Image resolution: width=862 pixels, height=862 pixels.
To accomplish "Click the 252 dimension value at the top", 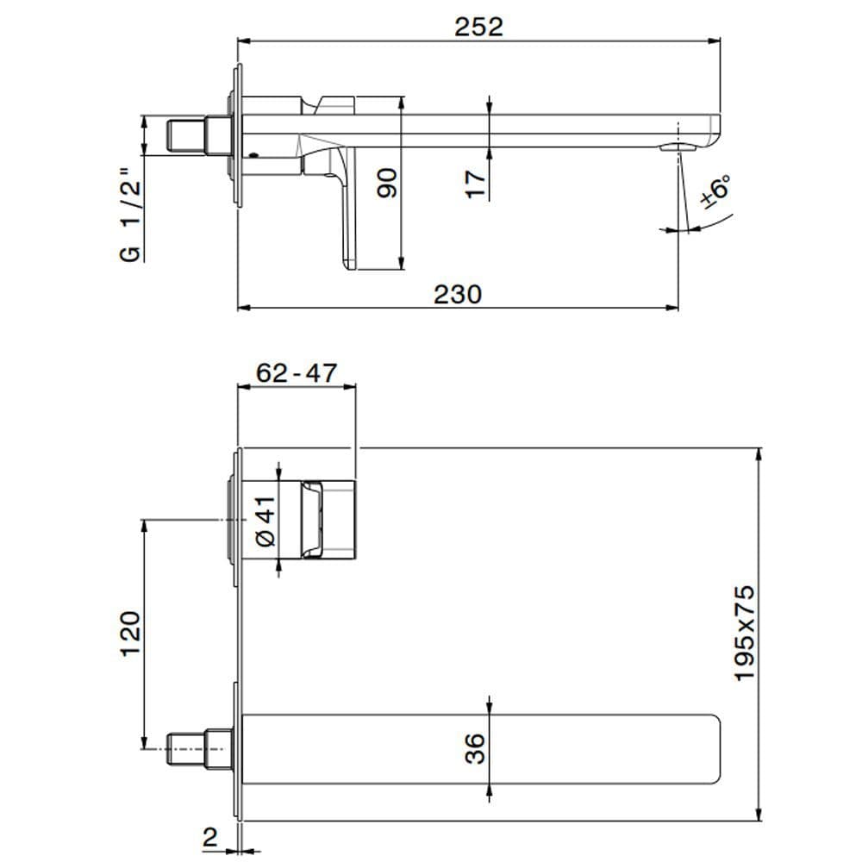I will click(478, 26).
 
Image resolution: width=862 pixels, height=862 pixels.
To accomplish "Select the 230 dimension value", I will click(457, 294).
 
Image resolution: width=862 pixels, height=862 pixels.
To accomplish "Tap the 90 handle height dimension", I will click(389, 183).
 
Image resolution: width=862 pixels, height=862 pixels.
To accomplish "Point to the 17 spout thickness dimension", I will click(475, 183).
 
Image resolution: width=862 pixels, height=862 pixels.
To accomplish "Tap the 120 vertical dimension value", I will click(129, 634).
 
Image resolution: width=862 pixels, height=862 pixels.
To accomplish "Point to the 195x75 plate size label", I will click(744, 634).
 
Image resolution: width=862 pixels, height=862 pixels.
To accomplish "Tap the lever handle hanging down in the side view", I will click(349, 211).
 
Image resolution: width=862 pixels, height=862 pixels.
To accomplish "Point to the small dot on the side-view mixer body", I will click(253, 157).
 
